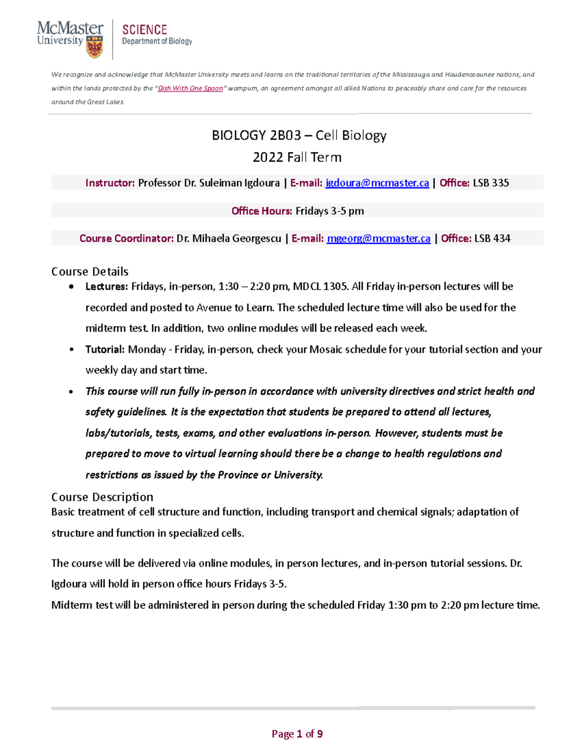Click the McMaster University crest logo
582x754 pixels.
(x=94, y=47)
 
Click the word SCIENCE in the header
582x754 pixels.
(x=145, y=30)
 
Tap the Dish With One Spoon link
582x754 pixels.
(x=190, y=88)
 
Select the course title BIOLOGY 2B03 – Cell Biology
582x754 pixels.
(x=299, y=135)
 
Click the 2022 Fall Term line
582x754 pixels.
(x=297, y=157)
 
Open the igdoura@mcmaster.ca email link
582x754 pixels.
(x=377, y=183)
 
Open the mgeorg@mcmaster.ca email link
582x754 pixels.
(x=378, y=238)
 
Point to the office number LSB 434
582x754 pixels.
(x=492, y=238)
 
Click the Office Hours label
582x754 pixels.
(x=261, y=211)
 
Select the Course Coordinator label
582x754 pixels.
(x=126, y=238)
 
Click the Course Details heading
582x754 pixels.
(x=90, y=271)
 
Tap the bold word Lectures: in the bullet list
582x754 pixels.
(x=106, y=286)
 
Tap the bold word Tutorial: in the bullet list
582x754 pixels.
(x=105, y=350)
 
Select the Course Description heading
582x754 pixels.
(x=102, y=497)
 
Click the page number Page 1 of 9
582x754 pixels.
(x=297, y=734)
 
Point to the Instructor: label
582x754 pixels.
(x=110, y=183)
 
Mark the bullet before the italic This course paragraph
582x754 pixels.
(x=72, y=391)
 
